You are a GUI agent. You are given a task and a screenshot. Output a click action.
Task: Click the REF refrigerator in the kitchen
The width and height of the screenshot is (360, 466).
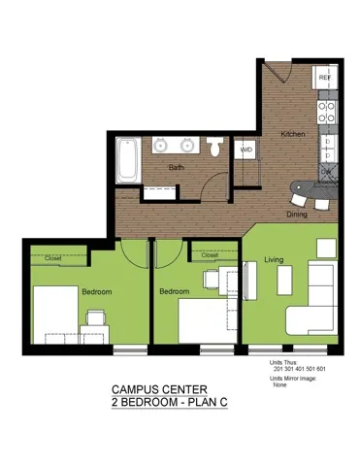[325, 78]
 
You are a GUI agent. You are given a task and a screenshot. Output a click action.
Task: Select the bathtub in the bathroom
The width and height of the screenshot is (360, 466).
[126, 159]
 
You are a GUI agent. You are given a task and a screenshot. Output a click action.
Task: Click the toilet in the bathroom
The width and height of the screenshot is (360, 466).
[216, 149]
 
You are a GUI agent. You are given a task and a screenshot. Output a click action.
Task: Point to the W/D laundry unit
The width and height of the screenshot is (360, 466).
[246, 150]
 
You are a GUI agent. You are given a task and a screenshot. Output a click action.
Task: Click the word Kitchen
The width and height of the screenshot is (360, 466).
[294, 134]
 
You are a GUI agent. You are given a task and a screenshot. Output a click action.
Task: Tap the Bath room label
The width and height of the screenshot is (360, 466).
[176, 167]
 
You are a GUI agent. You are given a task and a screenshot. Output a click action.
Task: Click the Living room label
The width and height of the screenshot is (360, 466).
[274, 259]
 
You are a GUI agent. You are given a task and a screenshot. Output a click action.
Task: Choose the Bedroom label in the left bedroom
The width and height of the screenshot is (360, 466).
[96, 291]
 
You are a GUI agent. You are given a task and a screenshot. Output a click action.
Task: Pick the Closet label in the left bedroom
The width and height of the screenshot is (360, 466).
[53, 258]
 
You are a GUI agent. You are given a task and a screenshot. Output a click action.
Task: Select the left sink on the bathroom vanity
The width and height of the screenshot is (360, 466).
[161, 148]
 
